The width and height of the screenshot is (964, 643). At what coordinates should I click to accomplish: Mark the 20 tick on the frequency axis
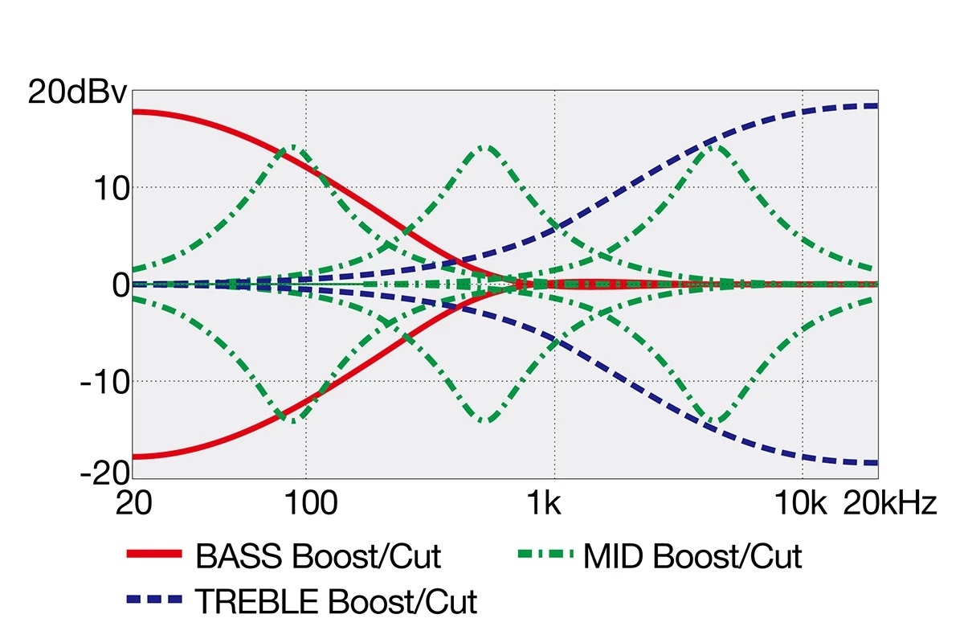tap(134, 504)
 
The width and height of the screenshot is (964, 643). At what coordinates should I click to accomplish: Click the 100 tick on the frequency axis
tap(306, 504)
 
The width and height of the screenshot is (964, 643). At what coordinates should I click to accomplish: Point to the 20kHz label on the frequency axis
tap(889, 504)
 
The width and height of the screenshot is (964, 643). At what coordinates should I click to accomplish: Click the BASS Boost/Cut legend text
tap(318, 555)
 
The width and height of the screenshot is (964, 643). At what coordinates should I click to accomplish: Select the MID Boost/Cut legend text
tap(692, 555)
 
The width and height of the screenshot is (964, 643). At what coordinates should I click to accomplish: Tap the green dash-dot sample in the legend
tap(546, 554)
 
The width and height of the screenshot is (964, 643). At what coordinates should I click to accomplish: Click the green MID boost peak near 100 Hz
tap(295, 147)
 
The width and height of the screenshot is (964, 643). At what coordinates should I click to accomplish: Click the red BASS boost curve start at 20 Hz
tap(135, 111)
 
